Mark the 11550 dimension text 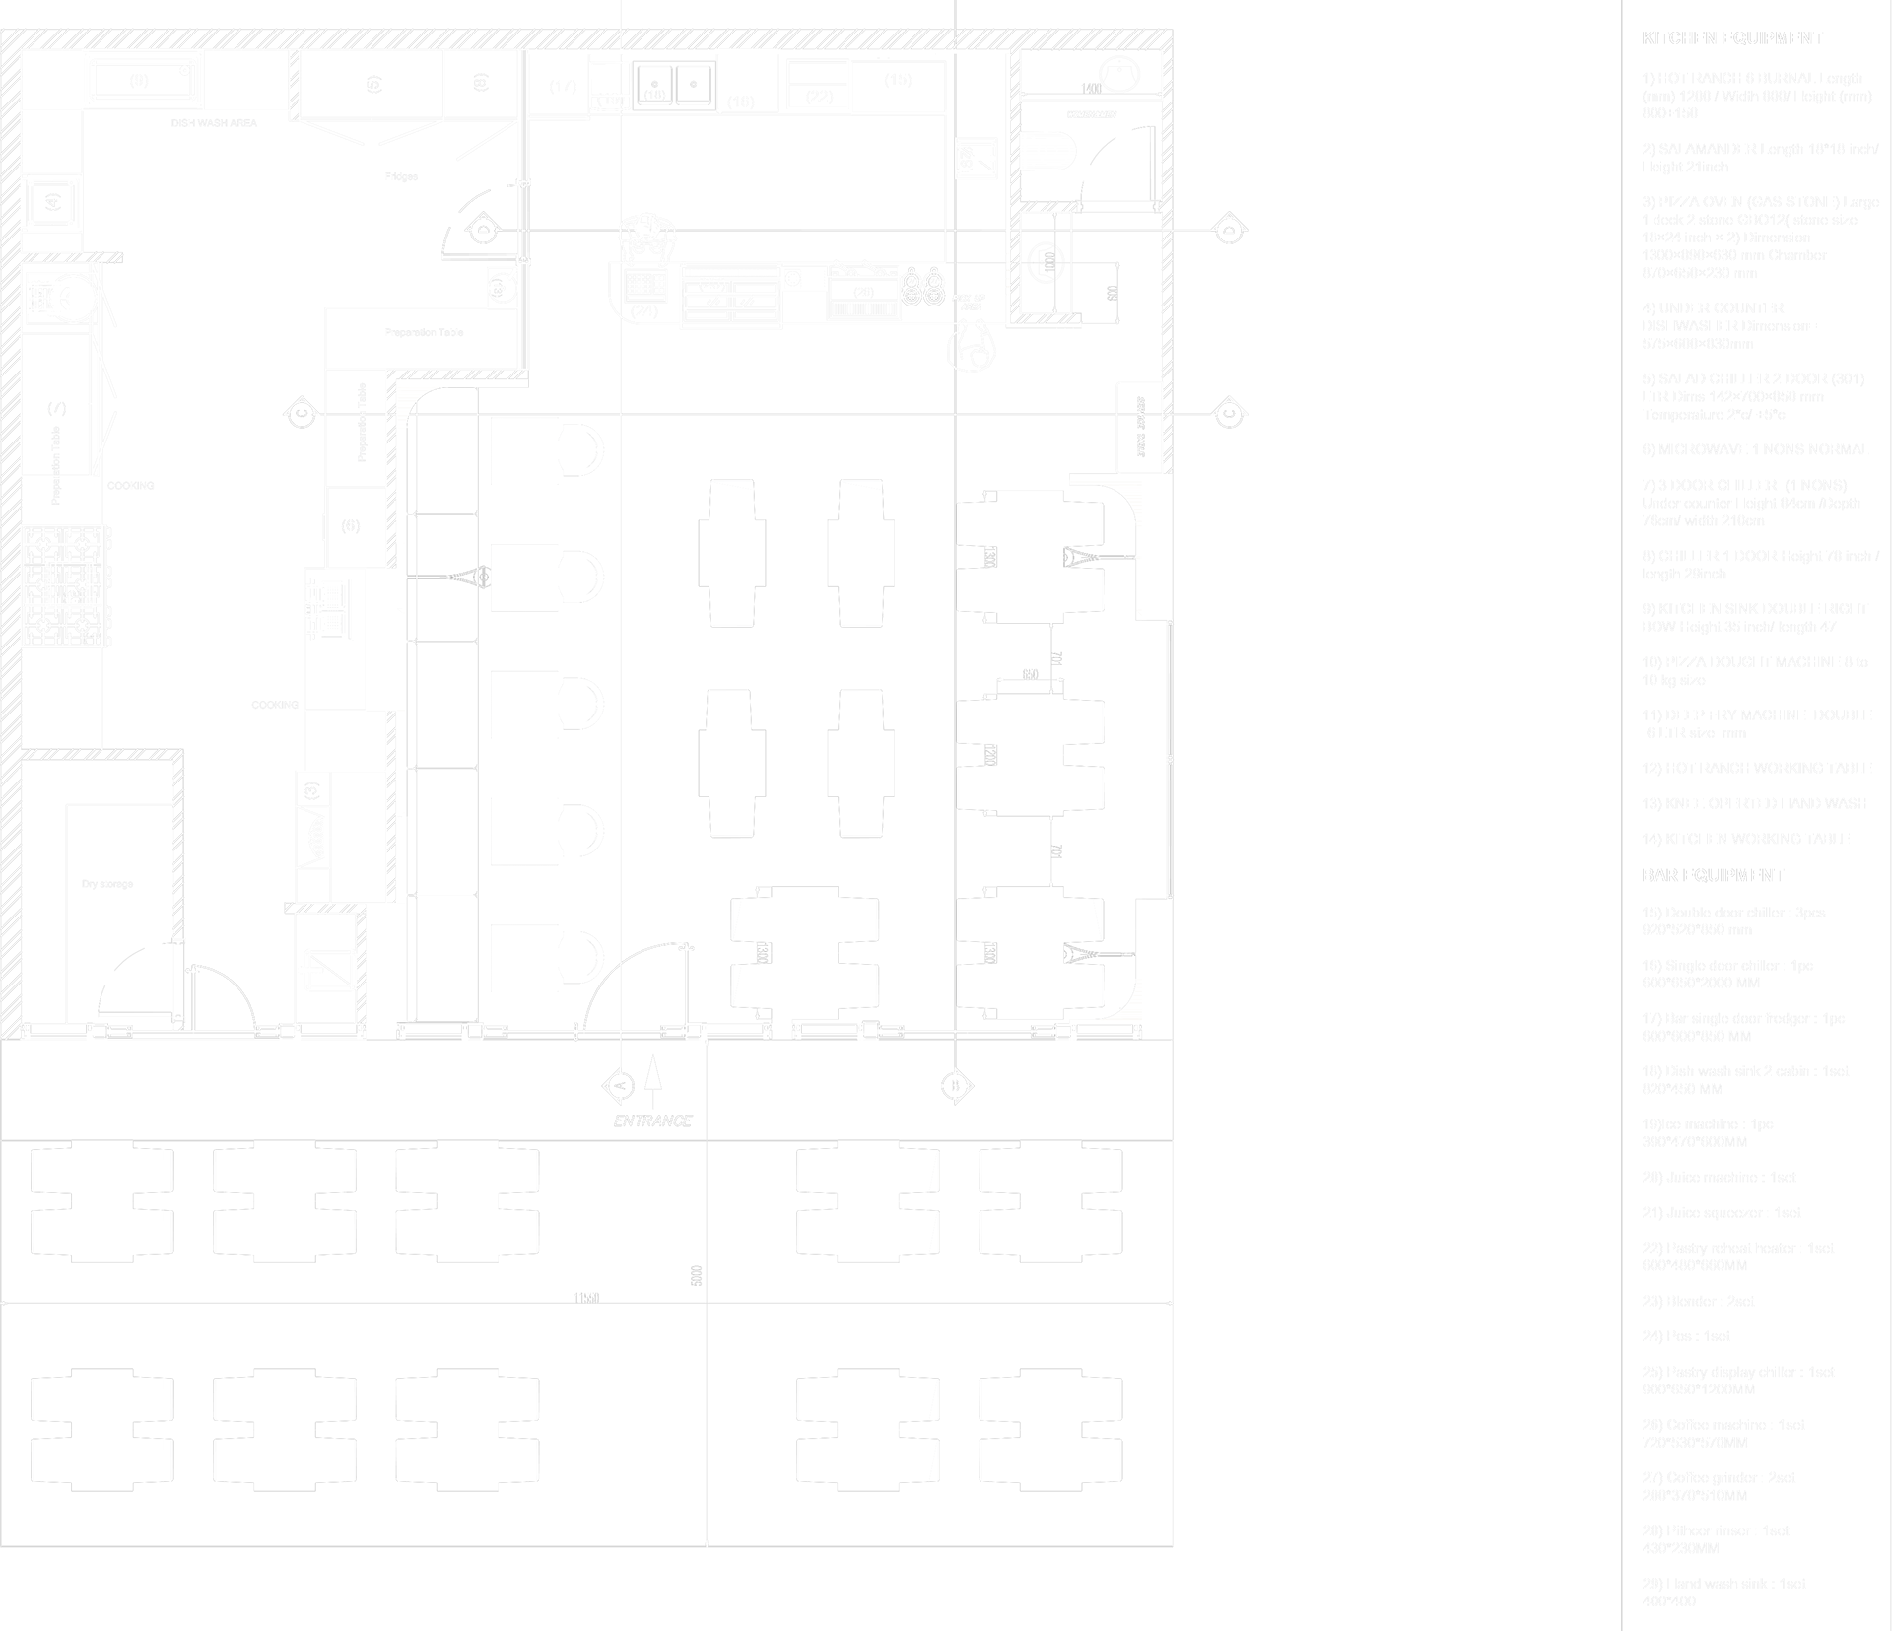click(586, 1298)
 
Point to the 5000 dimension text click(697, 1275)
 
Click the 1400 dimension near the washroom click(1091, 89)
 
